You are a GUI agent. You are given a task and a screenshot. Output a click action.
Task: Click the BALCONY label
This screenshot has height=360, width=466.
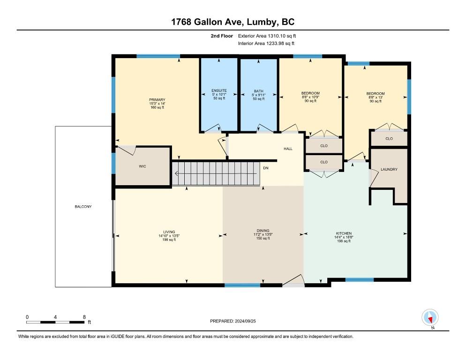pos(83,207)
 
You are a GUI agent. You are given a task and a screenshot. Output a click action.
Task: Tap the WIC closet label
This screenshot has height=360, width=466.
pos(143,166)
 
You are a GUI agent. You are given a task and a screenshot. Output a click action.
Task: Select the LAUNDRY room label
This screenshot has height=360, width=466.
pos(389,169)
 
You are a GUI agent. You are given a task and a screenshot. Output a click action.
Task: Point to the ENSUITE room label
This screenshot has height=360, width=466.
pos(219,90)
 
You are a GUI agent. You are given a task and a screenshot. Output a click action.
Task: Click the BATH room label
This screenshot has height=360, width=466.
pos(259,91)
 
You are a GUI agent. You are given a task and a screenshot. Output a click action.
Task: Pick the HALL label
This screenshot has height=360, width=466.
pos(288,149)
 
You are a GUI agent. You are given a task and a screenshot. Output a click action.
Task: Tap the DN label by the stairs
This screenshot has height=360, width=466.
pos(266,168)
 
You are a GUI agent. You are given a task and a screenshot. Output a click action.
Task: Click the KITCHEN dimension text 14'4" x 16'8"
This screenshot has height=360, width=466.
pos(344,237)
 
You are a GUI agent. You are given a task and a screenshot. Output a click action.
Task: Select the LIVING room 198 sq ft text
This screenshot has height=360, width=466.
pos(169,240)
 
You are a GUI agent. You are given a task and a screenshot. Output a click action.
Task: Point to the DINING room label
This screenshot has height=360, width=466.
pos(263,231)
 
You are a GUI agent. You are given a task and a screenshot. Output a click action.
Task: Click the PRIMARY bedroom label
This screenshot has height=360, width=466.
pos(157,100)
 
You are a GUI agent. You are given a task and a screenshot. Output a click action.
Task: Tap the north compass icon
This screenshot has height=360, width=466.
pos(430,317)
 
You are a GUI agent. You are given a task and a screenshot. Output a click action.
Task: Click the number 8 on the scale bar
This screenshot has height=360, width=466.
pos(84,317)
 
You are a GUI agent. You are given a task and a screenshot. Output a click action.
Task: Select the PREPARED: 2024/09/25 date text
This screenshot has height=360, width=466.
pos(233,321)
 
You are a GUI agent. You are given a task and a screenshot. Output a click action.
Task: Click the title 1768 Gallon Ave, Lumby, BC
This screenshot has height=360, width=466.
pos(233,22)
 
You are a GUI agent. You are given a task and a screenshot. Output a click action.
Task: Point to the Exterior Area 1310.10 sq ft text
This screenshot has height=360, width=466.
pos(267,36)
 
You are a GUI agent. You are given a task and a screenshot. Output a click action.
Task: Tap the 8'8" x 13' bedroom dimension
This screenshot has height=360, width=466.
pos(376,97)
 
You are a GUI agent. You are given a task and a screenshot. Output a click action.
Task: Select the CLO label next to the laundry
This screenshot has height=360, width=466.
pos(389,139)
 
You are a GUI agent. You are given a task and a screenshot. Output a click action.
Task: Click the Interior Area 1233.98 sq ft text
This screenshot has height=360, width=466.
pos(266,44)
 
